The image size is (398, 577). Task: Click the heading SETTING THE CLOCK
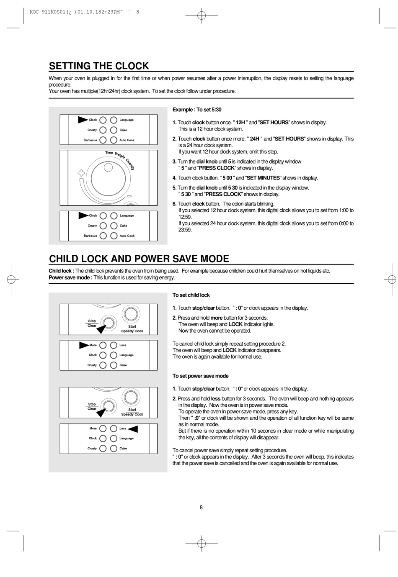pos(99,66)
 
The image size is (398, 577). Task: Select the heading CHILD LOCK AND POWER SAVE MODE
pos(139,259)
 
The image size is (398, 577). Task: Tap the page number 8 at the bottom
pos(201,508)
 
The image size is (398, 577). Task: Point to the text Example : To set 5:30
pos(197,110)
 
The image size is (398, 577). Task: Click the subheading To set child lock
pos(191,295)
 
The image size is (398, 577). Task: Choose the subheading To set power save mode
pos(200,376)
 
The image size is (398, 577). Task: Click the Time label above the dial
pos(109,153)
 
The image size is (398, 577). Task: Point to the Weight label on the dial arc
pos(120,156)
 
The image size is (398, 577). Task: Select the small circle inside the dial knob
pos(108,167)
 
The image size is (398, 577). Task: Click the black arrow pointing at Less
pos(133,428)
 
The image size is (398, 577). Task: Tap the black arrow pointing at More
pos(83,345)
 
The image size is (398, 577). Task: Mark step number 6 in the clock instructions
pos(174,204)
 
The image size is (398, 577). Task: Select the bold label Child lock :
pos(61,271)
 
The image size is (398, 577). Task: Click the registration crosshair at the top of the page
pos(201,16)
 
